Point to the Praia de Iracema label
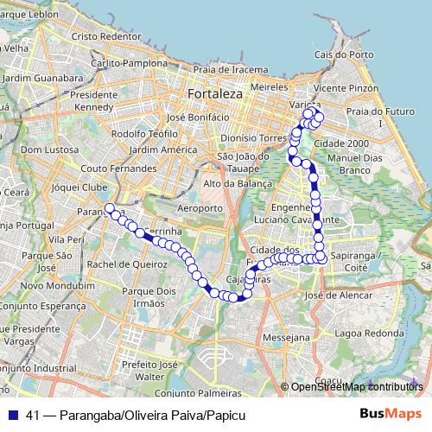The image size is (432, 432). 226,69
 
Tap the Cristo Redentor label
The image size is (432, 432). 106,36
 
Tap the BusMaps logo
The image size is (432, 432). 391,416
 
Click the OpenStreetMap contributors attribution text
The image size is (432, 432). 356,387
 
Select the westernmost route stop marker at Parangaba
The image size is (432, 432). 109,207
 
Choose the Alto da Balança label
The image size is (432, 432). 237,183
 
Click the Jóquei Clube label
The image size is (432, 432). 80,186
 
